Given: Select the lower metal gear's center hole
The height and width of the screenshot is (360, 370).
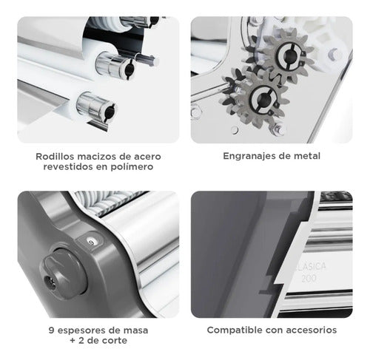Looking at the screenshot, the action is coord(264,98).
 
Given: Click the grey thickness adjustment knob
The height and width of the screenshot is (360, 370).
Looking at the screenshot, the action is coord(63,273).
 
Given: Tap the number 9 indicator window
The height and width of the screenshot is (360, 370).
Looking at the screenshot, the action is coord(91,242).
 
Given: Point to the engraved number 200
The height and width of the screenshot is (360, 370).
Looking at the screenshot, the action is coord(309,278).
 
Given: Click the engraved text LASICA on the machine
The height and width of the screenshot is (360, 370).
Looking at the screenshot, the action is coord(311,266).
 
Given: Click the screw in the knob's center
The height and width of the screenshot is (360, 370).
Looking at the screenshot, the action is coord(50,282).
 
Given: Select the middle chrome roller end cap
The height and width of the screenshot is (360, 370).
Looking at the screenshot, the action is coord(115,65).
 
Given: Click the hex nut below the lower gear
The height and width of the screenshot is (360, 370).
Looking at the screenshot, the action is coord(278,129).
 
